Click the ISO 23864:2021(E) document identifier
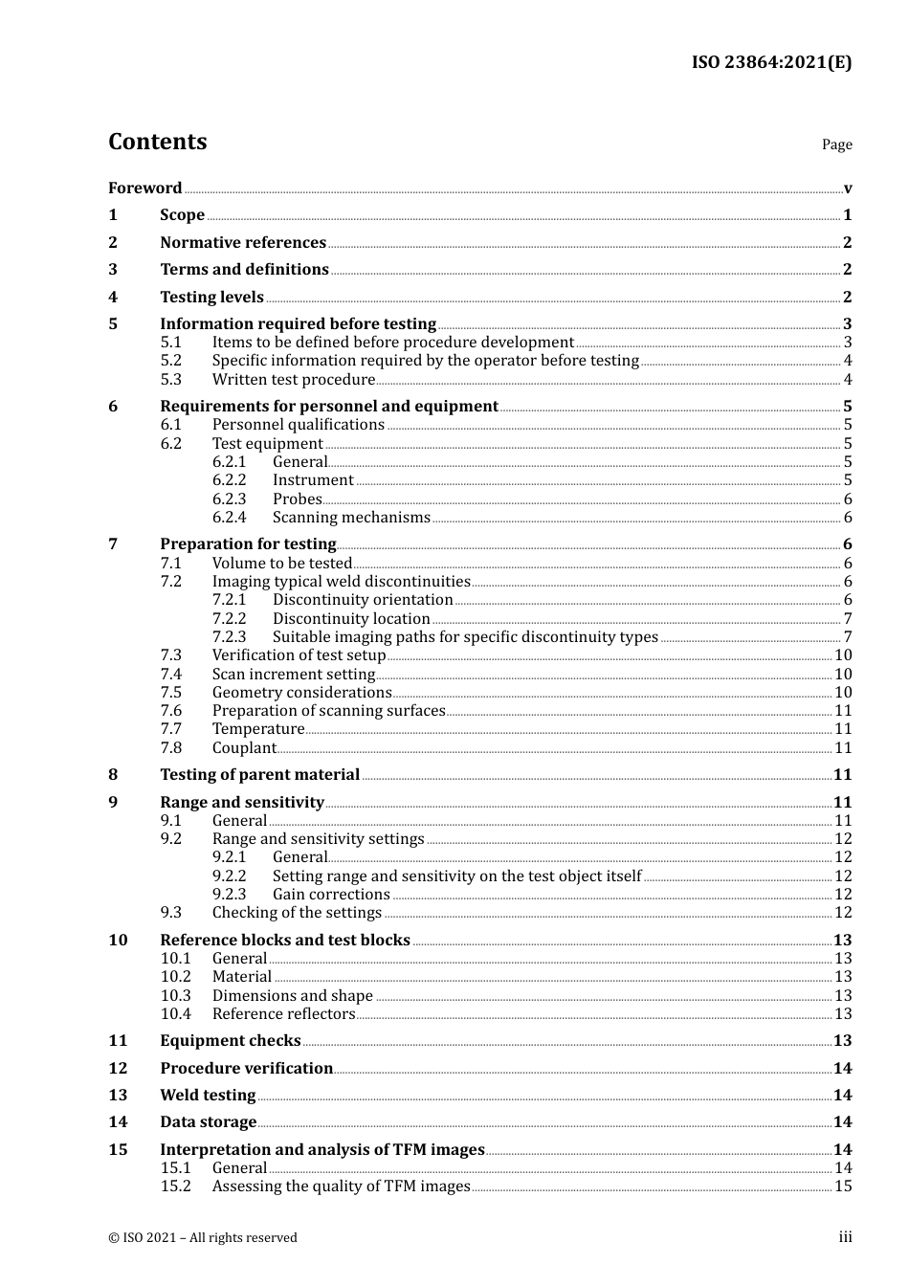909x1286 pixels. point(771,62)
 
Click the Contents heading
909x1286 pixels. point(157,142)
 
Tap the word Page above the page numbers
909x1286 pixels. point(836,144)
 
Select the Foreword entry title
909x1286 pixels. point(144,188)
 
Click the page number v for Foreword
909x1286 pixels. point(847,188)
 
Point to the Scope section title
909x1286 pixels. point(182,215)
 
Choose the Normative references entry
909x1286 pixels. point(243,243)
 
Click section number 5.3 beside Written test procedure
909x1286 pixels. point(170,380)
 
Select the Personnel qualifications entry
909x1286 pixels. point(298,425)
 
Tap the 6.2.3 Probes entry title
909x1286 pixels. point(297,499)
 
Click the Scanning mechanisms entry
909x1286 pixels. point(351,518)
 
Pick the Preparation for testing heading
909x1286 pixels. point(248,544)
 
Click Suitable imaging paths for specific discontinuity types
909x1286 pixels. point(465,637)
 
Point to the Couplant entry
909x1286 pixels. point(244,748)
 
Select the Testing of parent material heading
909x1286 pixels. point(259,775)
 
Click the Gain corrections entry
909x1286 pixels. point(331,895)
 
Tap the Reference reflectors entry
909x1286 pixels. point(283,1014)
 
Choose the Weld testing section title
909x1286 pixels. point(208,1096)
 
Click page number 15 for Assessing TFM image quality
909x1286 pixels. point(843,1186)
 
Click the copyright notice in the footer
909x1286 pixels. point(203,1238)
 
